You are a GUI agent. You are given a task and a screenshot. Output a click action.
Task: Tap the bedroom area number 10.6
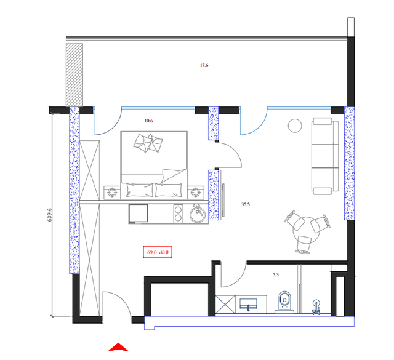pyautogui.click(x=148, y=121)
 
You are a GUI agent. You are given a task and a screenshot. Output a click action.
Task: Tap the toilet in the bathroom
pyautogui.click(x=284, y=301)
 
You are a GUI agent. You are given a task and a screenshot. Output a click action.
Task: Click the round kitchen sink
pyautogui.click(x=198, y=214)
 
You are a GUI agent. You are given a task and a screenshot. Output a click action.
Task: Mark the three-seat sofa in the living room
pyautogui.click(x=324, y=154)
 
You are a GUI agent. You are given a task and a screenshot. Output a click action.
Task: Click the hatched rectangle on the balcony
pyautogui.click(x=74, y=74)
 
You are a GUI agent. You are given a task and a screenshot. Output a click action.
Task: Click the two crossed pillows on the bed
pyautogui.click(x=149, y=144)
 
